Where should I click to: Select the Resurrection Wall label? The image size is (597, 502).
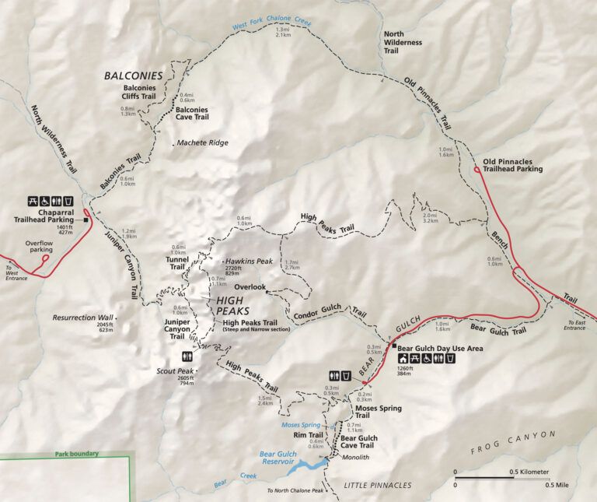click(83, 318)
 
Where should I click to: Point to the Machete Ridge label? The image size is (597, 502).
click(203, 143)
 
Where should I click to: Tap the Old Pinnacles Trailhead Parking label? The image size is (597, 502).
click(513, 165)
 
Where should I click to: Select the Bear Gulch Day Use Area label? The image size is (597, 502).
click(441, 348)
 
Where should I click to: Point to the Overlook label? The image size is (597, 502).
click(250, 287)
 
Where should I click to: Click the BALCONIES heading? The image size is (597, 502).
click(134, 75)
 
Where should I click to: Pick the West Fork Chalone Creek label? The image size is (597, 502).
click(269, 24)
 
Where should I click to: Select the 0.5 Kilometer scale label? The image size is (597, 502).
click(529, 472)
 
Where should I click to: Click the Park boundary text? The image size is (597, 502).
click(75, 454)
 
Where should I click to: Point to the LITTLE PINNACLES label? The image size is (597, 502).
click(378, 485)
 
